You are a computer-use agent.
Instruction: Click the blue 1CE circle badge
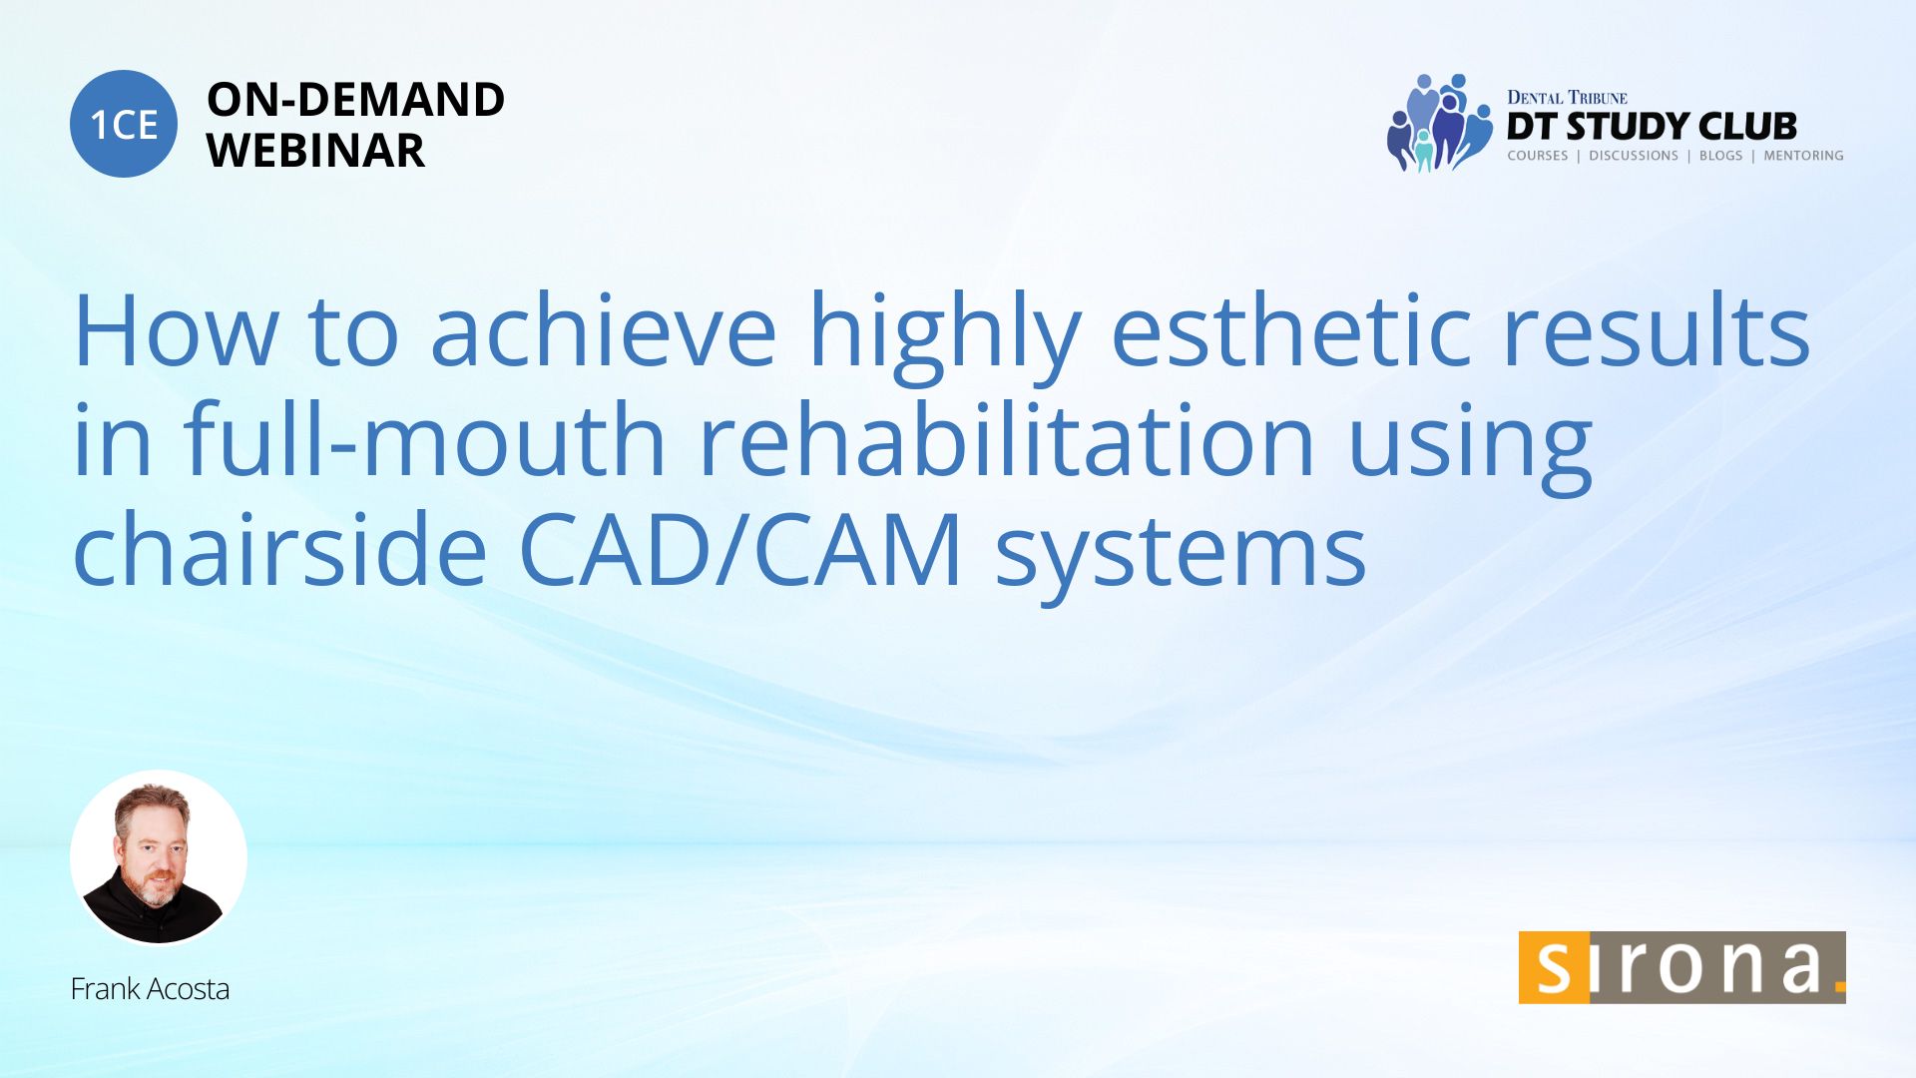click(x=124, y=124)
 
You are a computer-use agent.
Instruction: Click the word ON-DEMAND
click(x=355, y=100)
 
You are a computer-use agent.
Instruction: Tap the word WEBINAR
click(x=315, y=151)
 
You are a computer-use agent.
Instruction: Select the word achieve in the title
click(x=604, y=330)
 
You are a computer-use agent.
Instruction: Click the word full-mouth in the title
click(x=424, y=439)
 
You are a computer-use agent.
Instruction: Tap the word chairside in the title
click(x=279, y=549)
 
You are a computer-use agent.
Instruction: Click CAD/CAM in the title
click(x=740, y=549)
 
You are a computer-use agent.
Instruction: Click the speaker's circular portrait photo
click(x=159, y=857)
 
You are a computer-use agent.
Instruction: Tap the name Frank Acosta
click(x=150, y=989)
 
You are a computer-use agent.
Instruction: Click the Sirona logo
click(x=1681, y=967)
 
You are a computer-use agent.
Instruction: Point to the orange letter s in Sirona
click(x=1553, y=967)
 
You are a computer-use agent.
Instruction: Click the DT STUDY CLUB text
click(x=1652, y=127)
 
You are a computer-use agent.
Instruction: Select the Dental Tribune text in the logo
click(x=1567, y=97)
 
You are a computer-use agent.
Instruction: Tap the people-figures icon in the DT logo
click(x=1438, y=123)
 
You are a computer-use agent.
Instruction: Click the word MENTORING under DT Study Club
click(x=1803, y=156)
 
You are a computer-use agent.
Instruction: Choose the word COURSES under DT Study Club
click(x=1537, y=156)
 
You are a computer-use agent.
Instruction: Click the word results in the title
click(x=1656, y=330)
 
